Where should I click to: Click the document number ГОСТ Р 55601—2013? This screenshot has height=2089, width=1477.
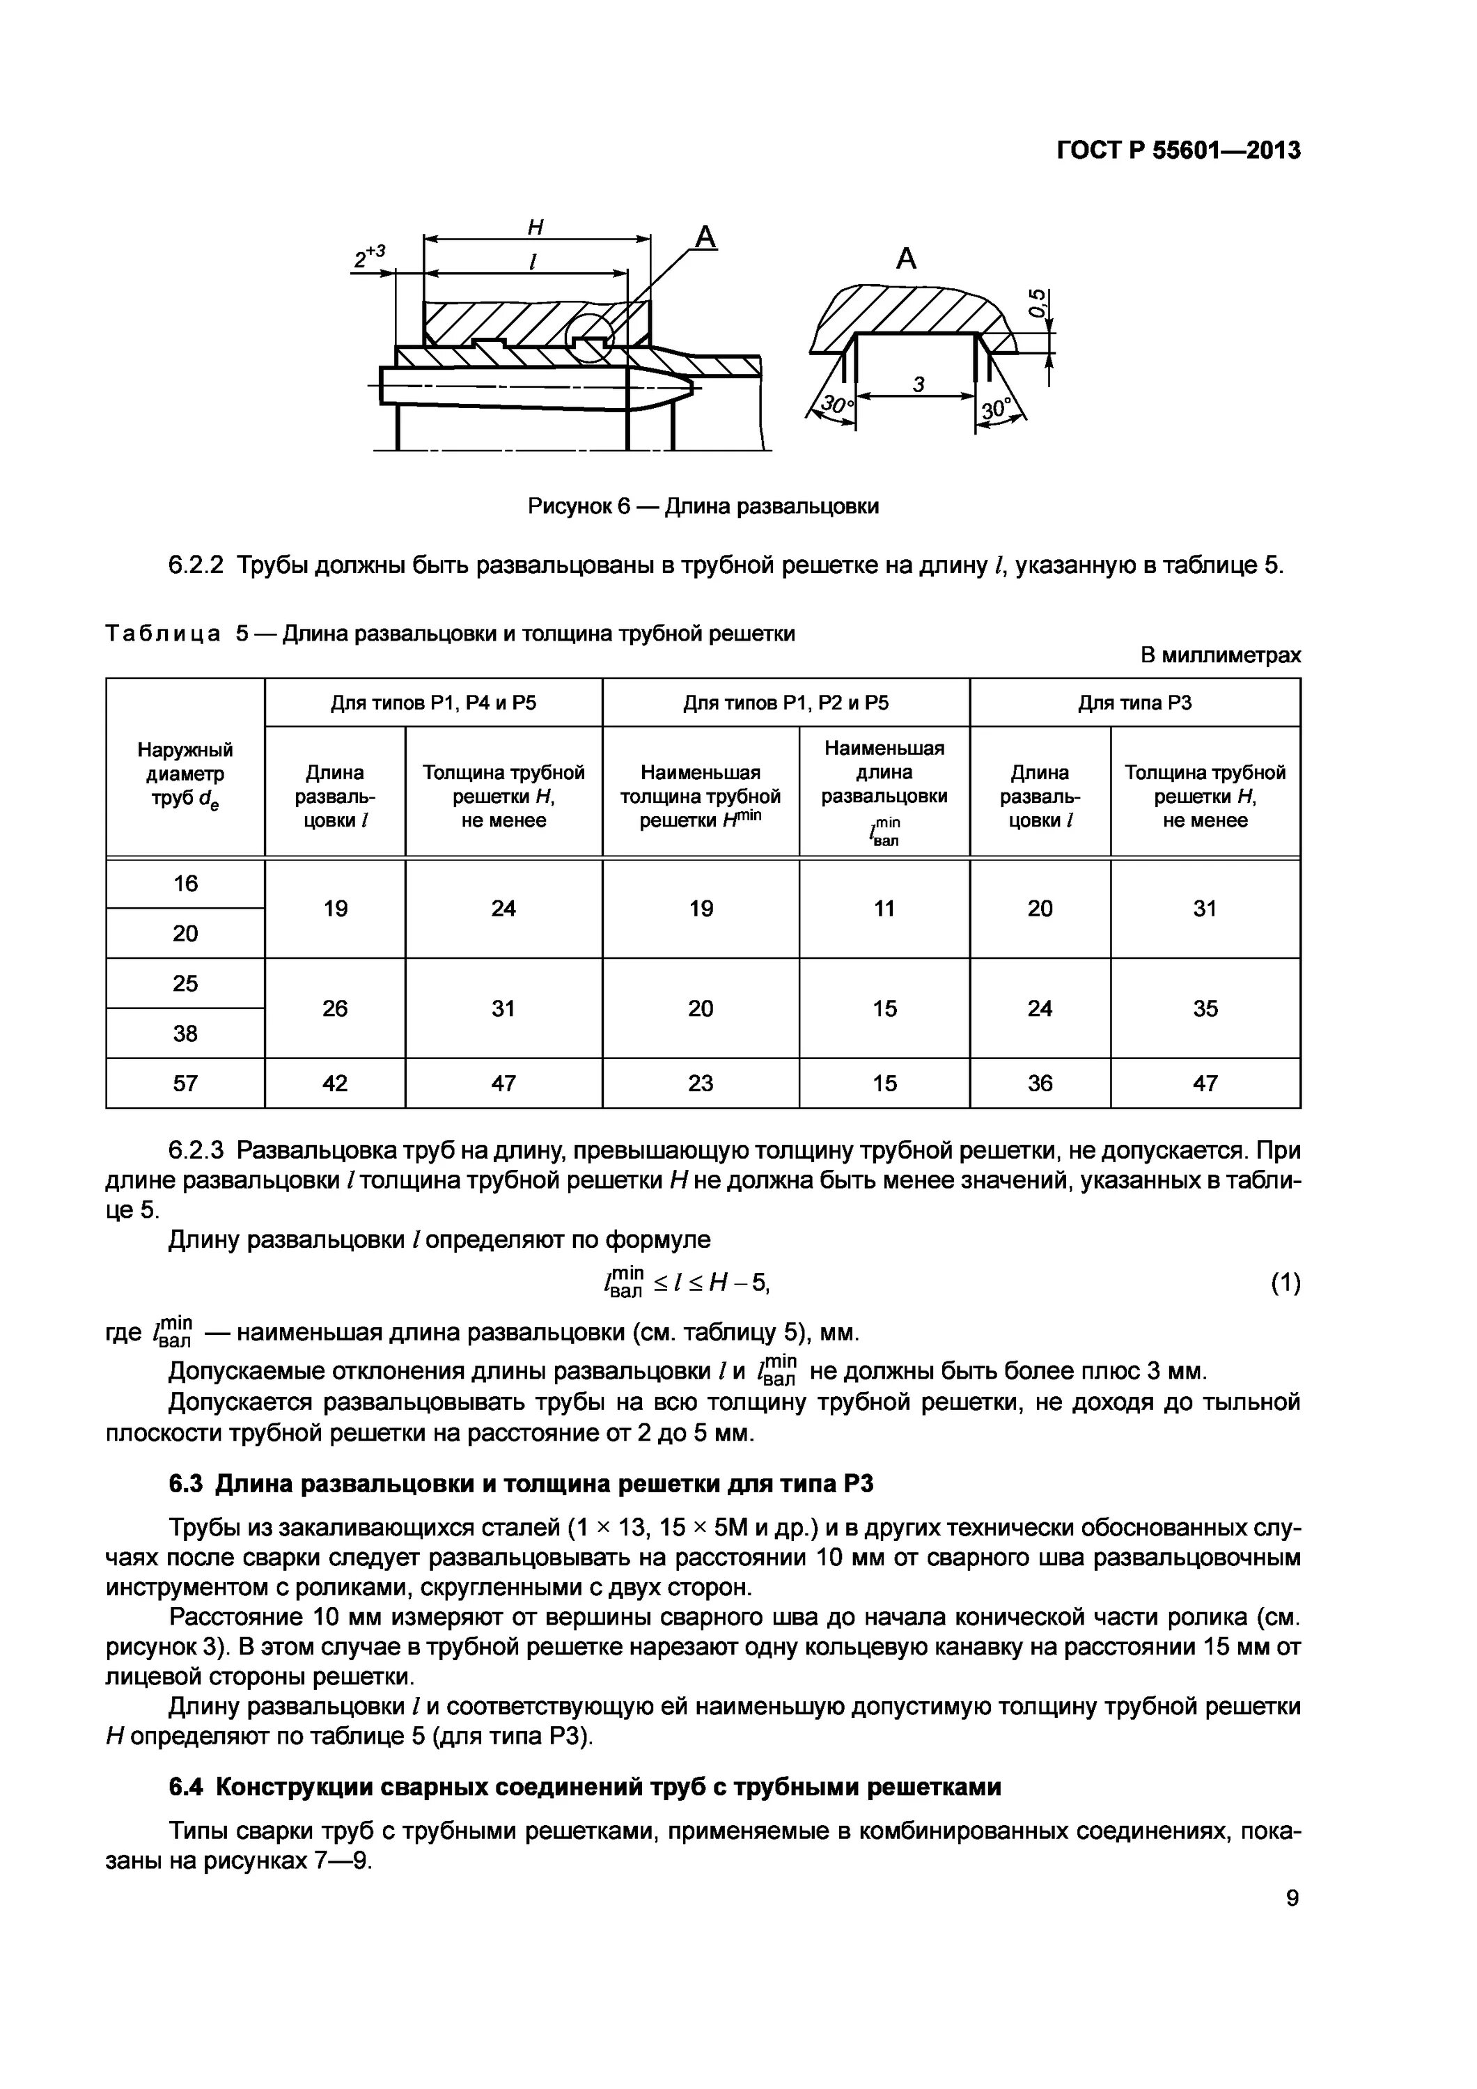point(1178,151)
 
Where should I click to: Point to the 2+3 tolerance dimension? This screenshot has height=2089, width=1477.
point(370,256)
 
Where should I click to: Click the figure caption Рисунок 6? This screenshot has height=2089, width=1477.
point(703,506)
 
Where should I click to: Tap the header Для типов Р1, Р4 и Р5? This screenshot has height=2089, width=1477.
point(432,703)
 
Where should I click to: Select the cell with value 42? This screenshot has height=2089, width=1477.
point(335,1083)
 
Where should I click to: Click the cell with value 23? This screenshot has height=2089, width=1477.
point(700,1083)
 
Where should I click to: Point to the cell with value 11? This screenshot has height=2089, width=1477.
point(884,908)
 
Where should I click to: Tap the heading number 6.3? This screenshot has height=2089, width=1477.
point(187,1484)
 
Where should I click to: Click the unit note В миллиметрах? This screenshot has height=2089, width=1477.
point(1219,655)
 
